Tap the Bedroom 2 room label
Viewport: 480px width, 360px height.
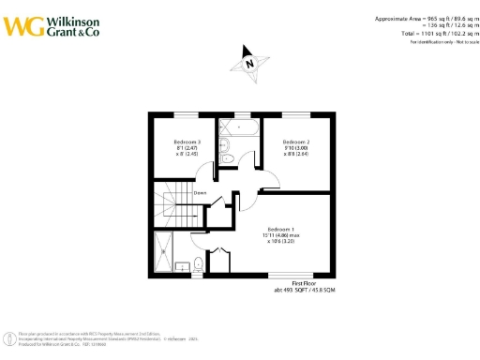pyautogui.click(x=296, y=142)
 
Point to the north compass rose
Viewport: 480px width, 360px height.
pyautogui.click(x=248, y=64)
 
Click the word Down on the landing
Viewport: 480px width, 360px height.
pyautogui.click(x=200, y=193)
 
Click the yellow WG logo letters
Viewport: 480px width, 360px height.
pyautogui.click(x=22, y=25)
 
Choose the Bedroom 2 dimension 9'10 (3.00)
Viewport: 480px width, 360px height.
pyautogui.click(x=296, y=148)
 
